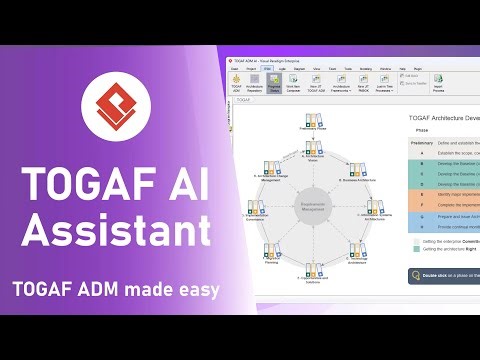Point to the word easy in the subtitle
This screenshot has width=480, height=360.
pyautogui.click(x=198, y=290)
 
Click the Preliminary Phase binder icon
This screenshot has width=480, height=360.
pyautogui.click(x=312, y=123)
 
